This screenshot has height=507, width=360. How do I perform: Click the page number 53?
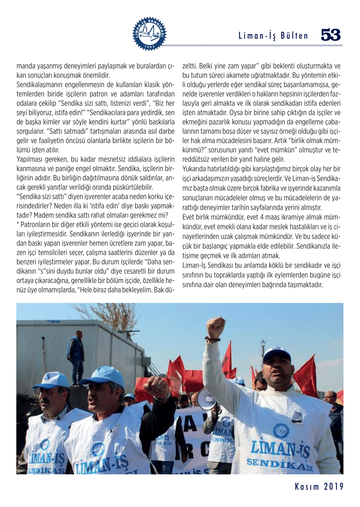(x=331, y=35)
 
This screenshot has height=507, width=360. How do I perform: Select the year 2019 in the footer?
(x=334, y=487)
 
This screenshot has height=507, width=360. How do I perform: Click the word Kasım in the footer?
(x=307, y=487)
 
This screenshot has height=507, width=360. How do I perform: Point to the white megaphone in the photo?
(x=207, y=399)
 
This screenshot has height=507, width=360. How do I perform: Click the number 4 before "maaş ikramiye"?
(x=262, y=217)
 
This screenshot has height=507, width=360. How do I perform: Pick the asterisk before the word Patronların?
(x=18, y=224)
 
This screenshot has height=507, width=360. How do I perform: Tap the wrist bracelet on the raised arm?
(x=212, y=339)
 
